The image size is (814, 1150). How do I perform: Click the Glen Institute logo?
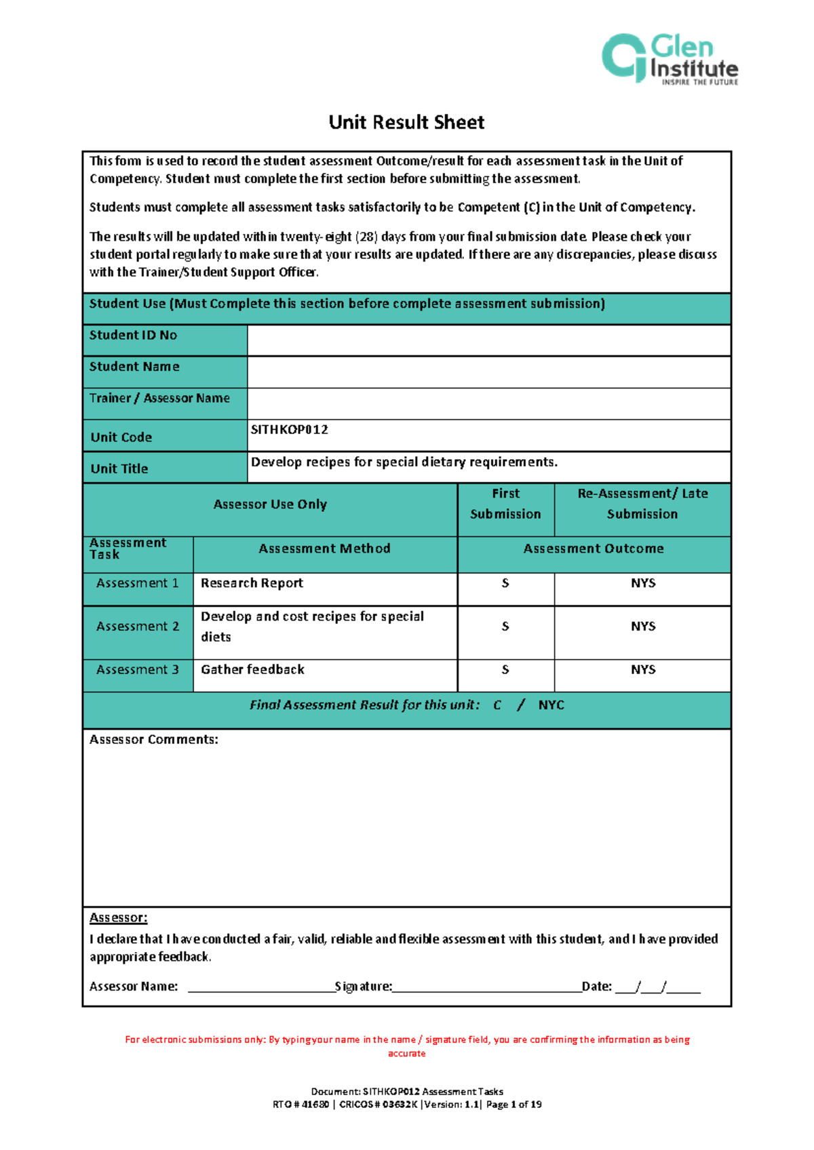pos(670,59)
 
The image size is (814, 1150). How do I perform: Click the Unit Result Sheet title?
pos(406,122)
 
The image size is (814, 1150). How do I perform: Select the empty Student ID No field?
pos(488,340)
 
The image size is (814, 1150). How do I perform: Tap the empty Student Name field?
pos(488,372)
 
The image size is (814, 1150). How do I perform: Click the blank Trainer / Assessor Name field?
pos(488,403)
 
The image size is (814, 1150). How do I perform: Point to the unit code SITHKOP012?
pos(290,430)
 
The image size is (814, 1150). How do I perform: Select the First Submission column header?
pos(505,504)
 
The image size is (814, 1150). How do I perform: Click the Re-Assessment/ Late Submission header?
pos(642,504)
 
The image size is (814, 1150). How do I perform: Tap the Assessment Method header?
pos(324,549)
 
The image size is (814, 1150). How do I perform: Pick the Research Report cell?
pos(252,583)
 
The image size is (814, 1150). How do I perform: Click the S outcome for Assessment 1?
pos(505,583)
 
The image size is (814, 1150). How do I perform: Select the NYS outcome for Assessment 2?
pos(642,627)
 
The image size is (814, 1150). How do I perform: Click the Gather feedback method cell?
pos(252,670)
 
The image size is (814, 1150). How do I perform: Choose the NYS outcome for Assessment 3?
pos(642,670)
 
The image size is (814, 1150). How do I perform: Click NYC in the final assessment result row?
pos(551,705)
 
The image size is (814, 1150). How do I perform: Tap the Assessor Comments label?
pos(154,740)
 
